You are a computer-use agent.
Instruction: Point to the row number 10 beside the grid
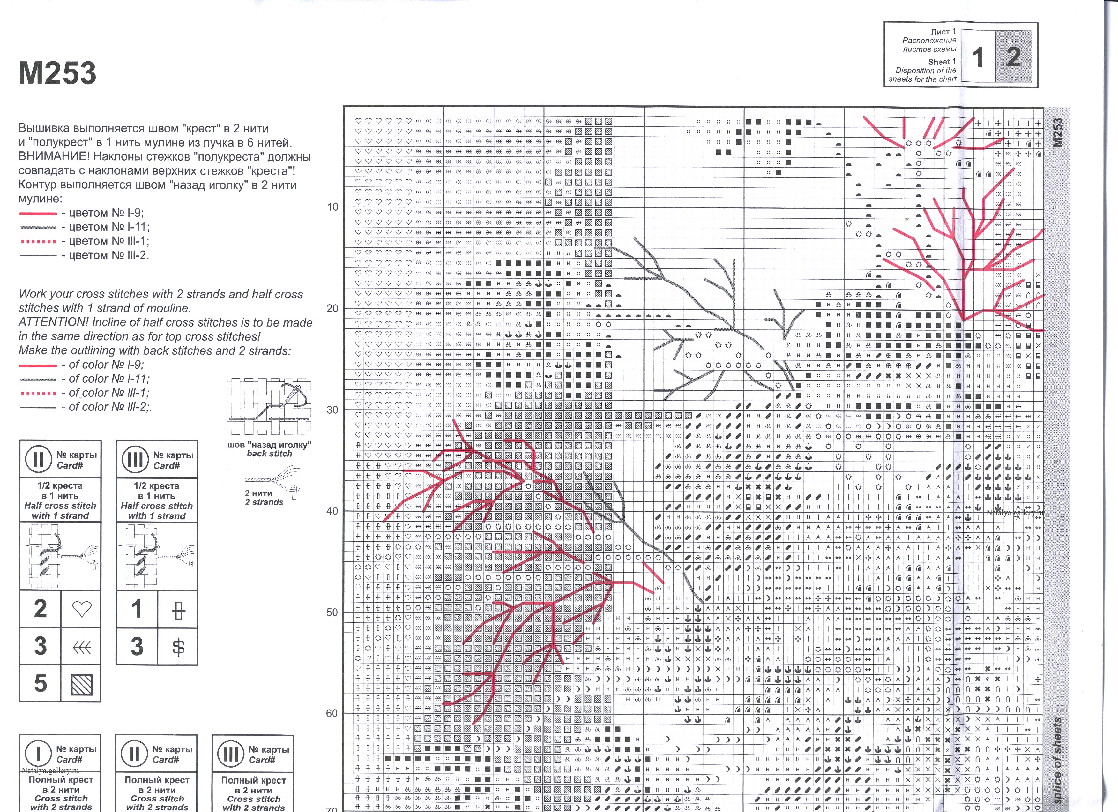(333, 207)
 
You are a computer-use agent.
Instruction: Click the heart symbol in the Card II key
(81, 609)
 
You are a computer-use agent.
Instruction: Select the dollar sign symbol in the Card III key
(178, 646)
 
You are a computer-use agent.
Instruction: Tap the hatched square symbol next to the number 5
(81, 684)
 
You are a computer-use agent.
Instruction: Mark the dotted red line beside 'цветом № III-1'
(38, 242)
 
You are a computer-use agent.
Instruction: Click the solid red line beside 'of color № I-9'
(38, 365)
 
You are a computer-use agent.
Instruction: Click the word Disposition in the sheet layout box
(914, 71)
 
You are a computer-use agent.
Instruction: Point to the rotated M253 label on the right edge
(1056, 132)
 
